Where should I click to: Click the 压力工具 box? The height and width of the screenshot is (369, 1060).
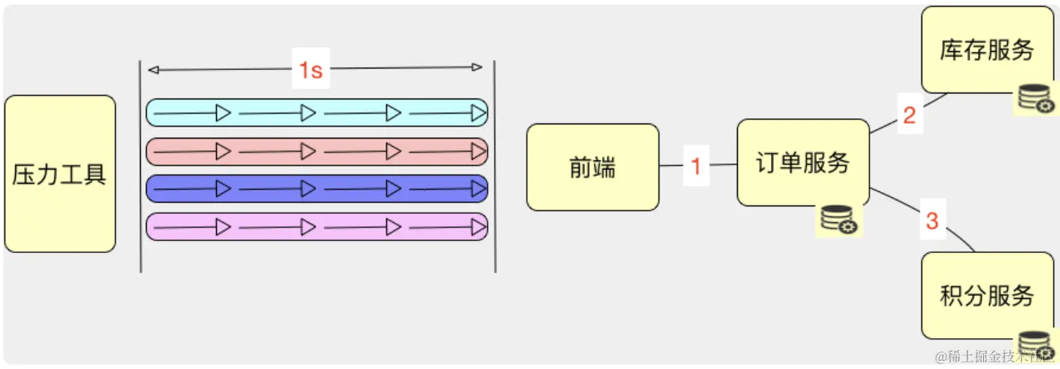(59, 174)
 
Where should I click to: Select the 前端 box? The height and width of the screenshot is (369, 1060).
(592, 167)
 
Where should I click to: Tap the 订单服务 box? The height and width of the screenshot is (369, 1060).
(803, 163)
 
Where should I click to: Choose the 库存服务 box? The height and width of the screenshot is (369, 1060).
(987, 50)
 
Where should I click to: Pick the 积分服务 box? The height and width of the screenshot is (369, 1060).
(987, 295)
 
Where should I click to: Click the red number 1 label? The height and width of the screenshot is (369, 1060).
(696, 166)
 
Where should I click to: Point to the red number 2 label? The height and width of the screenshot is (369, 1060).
(909, 116)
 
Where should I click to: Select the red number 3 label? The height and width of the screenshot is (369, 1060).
(932, 221)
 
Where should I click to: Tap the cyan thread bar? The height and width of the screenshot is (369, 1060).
(316, 112)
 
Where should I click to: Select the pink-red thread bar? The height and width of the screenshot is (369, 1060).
(316, 151)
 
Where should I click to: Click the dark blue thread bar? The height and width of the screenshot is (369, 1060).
(316, 188)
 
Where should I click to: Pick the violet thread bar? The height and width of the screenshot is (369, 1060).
(316, 226)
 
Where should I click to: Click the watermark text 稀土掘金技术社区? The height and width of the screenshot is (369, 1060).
(994, 355)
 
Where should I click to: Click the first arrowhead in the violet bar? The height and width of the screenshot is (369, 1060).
(223, 226)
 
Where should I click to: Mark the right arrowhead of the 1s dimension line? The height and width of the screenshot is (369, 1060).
(477, 68)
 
